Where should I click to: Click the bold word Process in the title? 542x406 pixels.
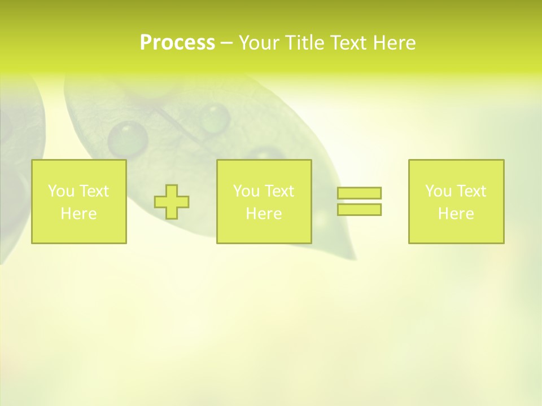[x=177, y=43]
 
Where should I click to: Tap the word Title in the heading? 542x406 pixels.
[x=304, y=43]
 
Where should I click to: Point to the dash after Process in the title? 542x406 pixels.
[x=226, y=43]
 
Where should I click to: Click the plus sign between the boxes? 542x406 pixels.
[x=172, y=202]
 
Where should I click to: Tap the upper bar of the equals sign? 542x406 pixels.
[x=359, y=193]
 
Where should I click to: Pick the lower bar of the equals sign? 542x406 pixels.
[x=359, y=209]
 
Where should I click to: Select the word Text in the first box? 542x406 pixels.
[x=94, y=191]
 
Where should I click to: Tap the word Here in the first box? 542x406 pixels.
[x=78, y=214]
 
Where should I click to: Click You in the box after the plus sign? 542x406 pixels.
[x=246, y=191]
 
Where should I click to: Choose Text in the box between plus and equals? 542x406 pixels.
[x=279, y=191]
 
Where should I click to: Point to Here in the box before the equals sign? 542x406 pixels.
[x=264, y=214]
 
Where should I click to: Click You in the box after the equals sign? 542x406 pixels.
[x=438, y=191]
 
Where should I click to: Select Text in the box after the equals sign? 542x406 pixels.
[x=471, y=191]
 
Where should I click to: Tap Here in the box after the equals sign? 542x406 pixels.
[x=456, y=214]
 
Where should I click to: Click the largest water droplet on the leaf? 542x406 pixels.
[x=128, y=138]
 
